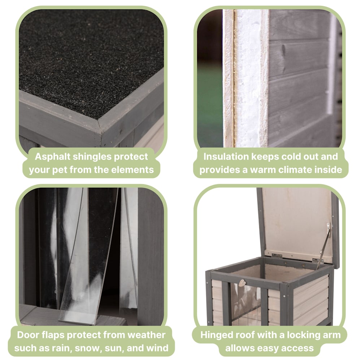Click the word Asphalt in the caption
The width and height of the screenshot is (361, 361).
pyautogui.click(x=52, y=157)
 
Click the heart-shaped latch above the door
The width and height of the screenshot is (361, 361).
pyautogui.click(x=242, y=283)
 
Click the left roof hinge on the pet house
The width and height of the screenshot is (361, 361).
pyautogui.click(x=277, y=256)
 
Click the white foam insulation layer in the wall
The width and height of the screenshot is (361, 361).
pyautogui.click(x=248, y=78)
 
